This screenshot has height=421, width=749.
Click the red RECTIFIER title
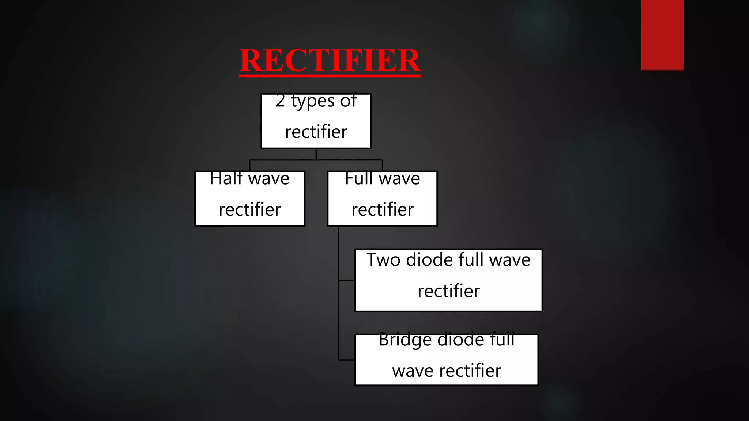(x=330, y=60)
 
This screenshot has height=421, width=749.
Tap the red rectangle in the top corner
(x=662, y=35)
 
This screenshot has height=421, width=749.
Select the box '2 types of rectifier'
(x=316, y=121)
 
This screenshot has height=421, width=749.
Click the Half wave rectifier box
(x=250, y=199)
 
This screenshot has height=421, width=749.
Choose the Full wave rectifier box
(x=382, y=199)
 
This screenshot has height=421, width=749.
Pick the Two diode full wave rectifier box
(x=448, y=280)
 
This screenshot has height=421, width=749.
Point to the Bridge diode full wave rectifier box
(x=447, y=360)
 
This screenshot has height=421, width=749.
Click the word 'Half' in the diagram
(x=226, y=179)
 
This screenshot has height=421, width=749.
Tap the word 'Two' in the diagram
(x=383, y=260)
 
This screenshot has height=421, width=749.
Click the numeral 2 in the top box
(x=280, y=101)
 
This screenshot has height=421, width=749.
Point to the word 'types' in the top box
(x=313, y=102)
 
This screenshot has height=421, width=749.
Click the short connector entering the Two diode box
(x=347, y=280)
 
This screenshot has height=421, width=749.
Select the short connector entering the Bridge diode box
(x=347, y=360)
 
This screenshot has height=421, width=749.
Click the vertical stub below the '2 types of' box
(x=316, y=154)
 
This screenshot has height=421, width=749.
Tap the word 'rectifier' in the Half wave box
(x=250, y=210)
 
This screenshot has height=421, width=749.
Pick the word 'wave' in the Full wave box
(x=399, y=179)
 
